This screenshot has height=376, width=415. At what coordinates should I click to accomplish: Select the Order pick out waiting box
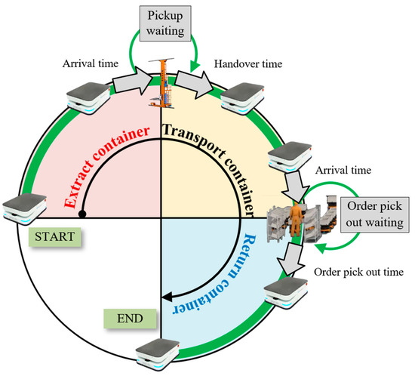pos(374,214)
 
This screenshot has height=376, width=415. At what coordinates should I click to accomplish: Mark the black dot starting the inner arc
pos(81,214)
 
